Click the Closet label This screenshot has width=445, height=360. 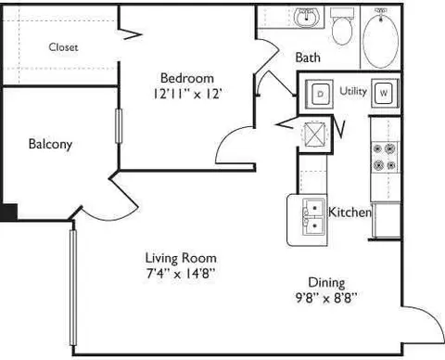click(63, 47)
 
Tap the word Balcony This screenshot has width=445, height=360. click(50, 144)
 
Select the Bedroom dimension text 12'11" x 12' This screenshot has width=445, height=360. click(187, 94)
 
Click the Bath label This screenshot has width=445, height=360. click(308, 58)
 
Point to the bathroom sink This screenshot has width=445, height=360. click(306, 18)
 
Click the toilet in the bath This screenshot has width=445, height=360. click(342, 27)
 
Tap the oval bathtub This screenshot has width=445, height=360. click(380, 38)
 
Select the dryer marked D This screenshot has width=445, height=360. click(320, 94)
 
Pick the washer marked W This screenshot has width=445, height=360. click(385, 93)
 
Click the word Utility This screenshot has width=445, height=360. click(353, 91)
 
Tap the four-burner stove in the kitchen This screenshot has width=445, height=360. click(385, 157)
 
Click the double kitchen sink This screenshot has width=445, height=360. click(314, 217)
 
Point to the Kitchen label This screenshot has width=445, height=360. click(350, 212)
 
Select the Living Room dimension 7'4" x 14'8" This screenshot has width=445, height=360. click(181, 274)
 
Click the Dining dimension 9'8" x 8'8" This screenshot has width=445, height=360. click(326, 298)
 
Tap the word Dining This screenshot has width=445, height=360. click(326, 283)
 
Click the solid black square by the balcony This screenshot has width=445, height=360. click(8, 212)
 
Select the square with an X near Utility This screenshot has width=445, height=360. click(314, 134)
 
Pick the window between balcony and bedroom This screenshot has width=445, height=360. click(119, 126)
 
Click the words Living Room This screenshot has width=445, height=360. click(181, 258)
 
